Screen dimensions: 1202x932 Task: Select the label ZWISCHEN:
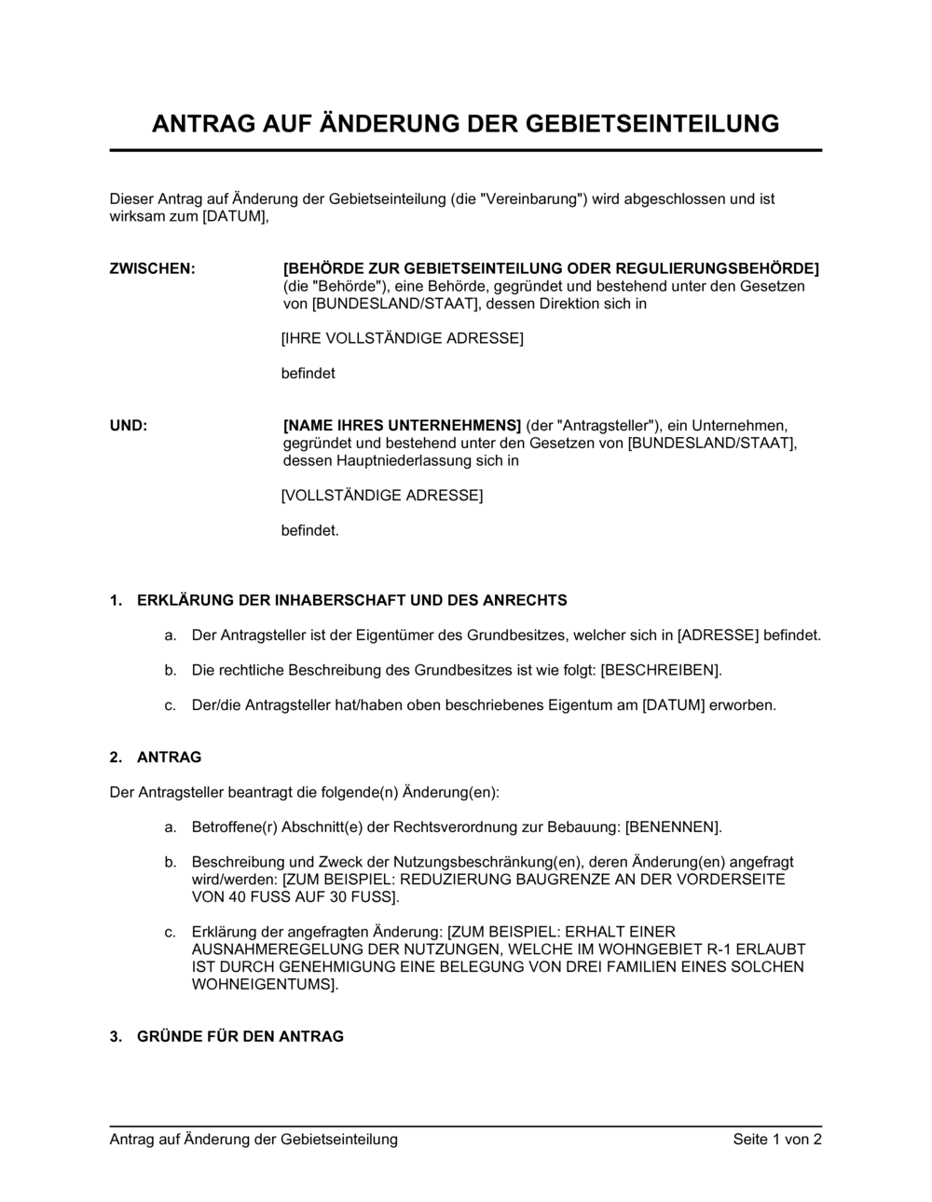pyautogui.click(x=153, y=269)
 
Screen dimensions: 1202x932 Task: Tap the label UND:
pyautogui.click(x=129, y=426)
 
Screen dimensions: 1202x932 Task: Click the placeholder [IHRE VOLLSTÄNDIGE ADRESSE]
pyautogui.click(x=403, y=338)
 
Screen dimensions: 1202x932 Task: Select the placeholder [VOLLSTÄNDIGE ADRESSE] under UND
pyautogui.click(x=382, y=496)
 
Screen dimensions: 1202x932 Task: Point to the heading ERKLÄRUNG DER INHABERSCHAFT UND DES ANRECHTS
pyautogui.click(x=351, y=601)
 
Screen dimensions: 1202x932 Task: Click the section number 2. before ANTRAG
pyautogui.click(x=116, y=758)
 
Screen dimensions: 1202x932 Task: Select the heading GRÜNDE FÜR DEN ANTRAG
pyautogui.click(x=240, y=1036)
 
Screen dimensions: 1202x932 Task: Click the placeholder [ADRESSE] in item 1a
pyautogui.click(x=718, y=635)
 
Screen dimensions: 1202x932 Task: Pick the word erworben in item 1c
pyautogui.click(x=743, y=705)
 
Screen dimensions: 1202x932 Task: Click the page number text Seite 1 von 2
pyautogui.click(x=777, y=1139)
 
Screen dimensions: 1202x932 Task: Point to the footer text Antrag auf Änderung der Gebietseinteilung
pyautogui.click(x=254, y=1139)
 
